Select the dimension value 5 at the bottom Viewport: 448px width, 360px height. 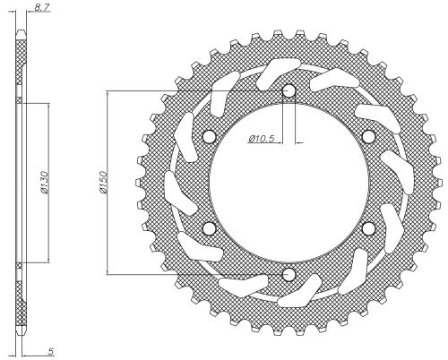click(x=50, y=351)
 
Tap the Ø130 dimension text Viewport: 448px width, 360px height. click(x=44, y=183)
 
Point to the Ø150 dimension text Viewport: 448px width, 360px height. click(x=102, y=183)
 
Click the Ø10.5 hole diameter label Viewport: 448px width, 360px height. click(x=261, y=138)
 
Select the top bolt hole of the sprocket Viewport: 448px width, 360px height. click(x=289, y=90)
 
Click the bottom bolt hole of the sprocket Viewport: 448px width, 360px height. click(x=289, y=274)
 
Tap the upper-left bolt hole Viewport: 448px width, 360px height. click(x=209, y=136)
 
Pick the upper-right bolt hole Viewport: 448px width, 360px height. click(x=368, y=136)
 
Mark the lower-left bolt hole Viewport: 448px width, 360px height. click(x=209, y=228)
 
